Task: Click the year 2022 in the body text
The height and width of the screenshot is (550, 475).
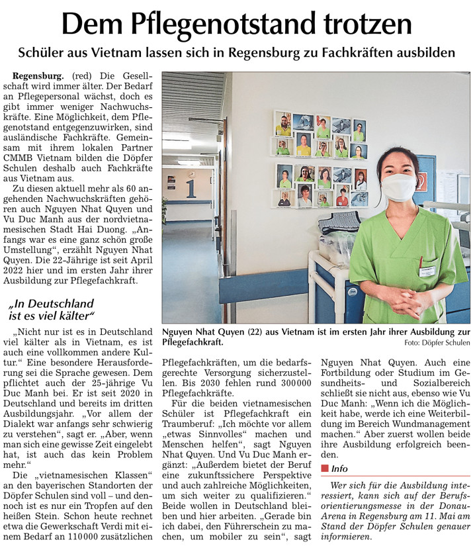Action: click(22, 269)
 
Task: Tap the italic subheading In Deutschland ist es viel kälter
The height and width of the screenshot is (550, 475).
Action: click(52, 309)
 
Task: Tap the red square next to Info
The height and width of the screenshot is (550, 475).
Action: click(324, 468)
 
